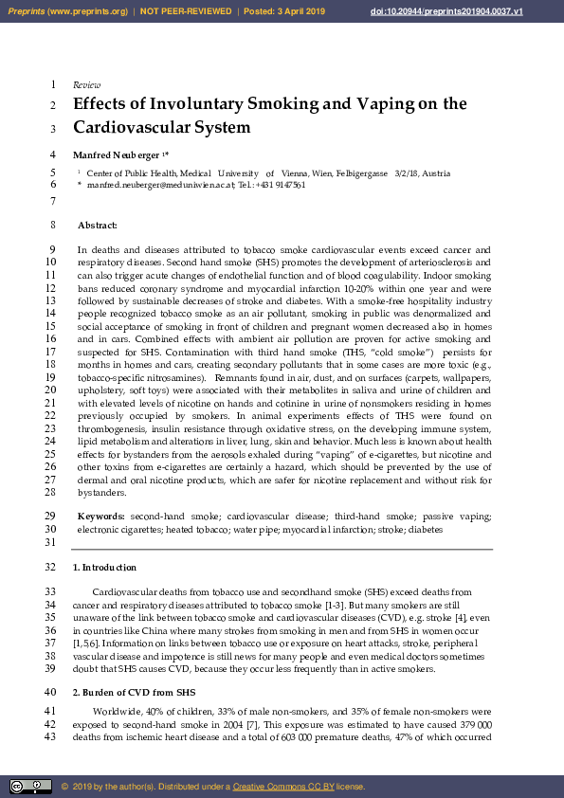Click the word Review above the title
pyautogui.click(x=86, y=84)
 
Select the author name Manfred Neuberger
pyautogui.click(x=117, y=154)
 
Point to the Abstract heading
pyautogui.click(x=98, y=226)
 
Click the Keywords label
pyautogui.click(x=101, y=516)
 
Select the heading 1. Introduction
pyautogui.click(x=104, y=567)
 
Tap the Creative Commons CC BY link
pyautogui.click(x=278, y=787)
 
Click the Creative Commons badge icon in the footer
pyautogui.click(x=30, y=787)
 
